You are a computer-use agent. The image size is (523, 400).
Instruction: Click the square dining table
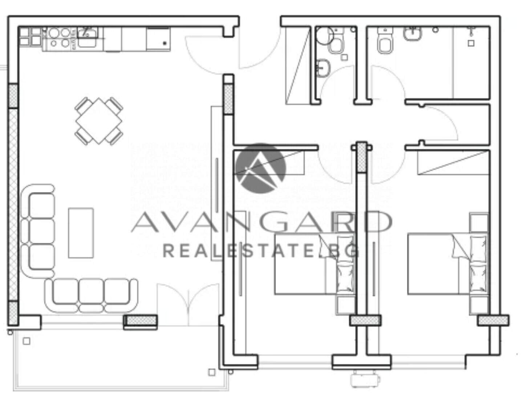tap(99, 121)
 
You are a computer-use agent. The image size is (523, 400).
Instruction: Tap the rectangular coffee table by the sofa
tap(81, 233)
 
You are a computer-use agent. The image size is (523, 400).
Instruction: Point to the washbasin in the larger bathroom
tap(412, 33)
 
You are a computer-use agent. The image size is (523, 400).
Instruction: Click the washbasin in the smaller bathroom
tap(323, 68)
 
